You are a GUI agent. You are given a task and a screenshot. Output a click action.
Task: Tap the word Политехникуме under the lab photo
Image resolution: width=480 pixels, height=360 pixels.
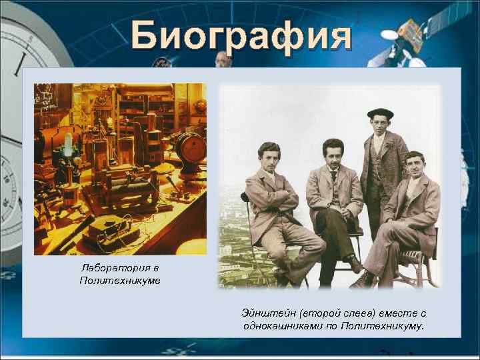119,281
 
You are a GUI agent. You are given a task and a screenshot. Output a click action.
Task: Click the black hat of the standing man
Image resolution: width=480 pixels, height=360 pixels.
380,113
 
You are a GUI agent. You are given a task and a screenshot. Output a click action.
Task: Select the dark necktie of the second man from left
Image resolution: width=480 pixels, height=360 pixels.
333,175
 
